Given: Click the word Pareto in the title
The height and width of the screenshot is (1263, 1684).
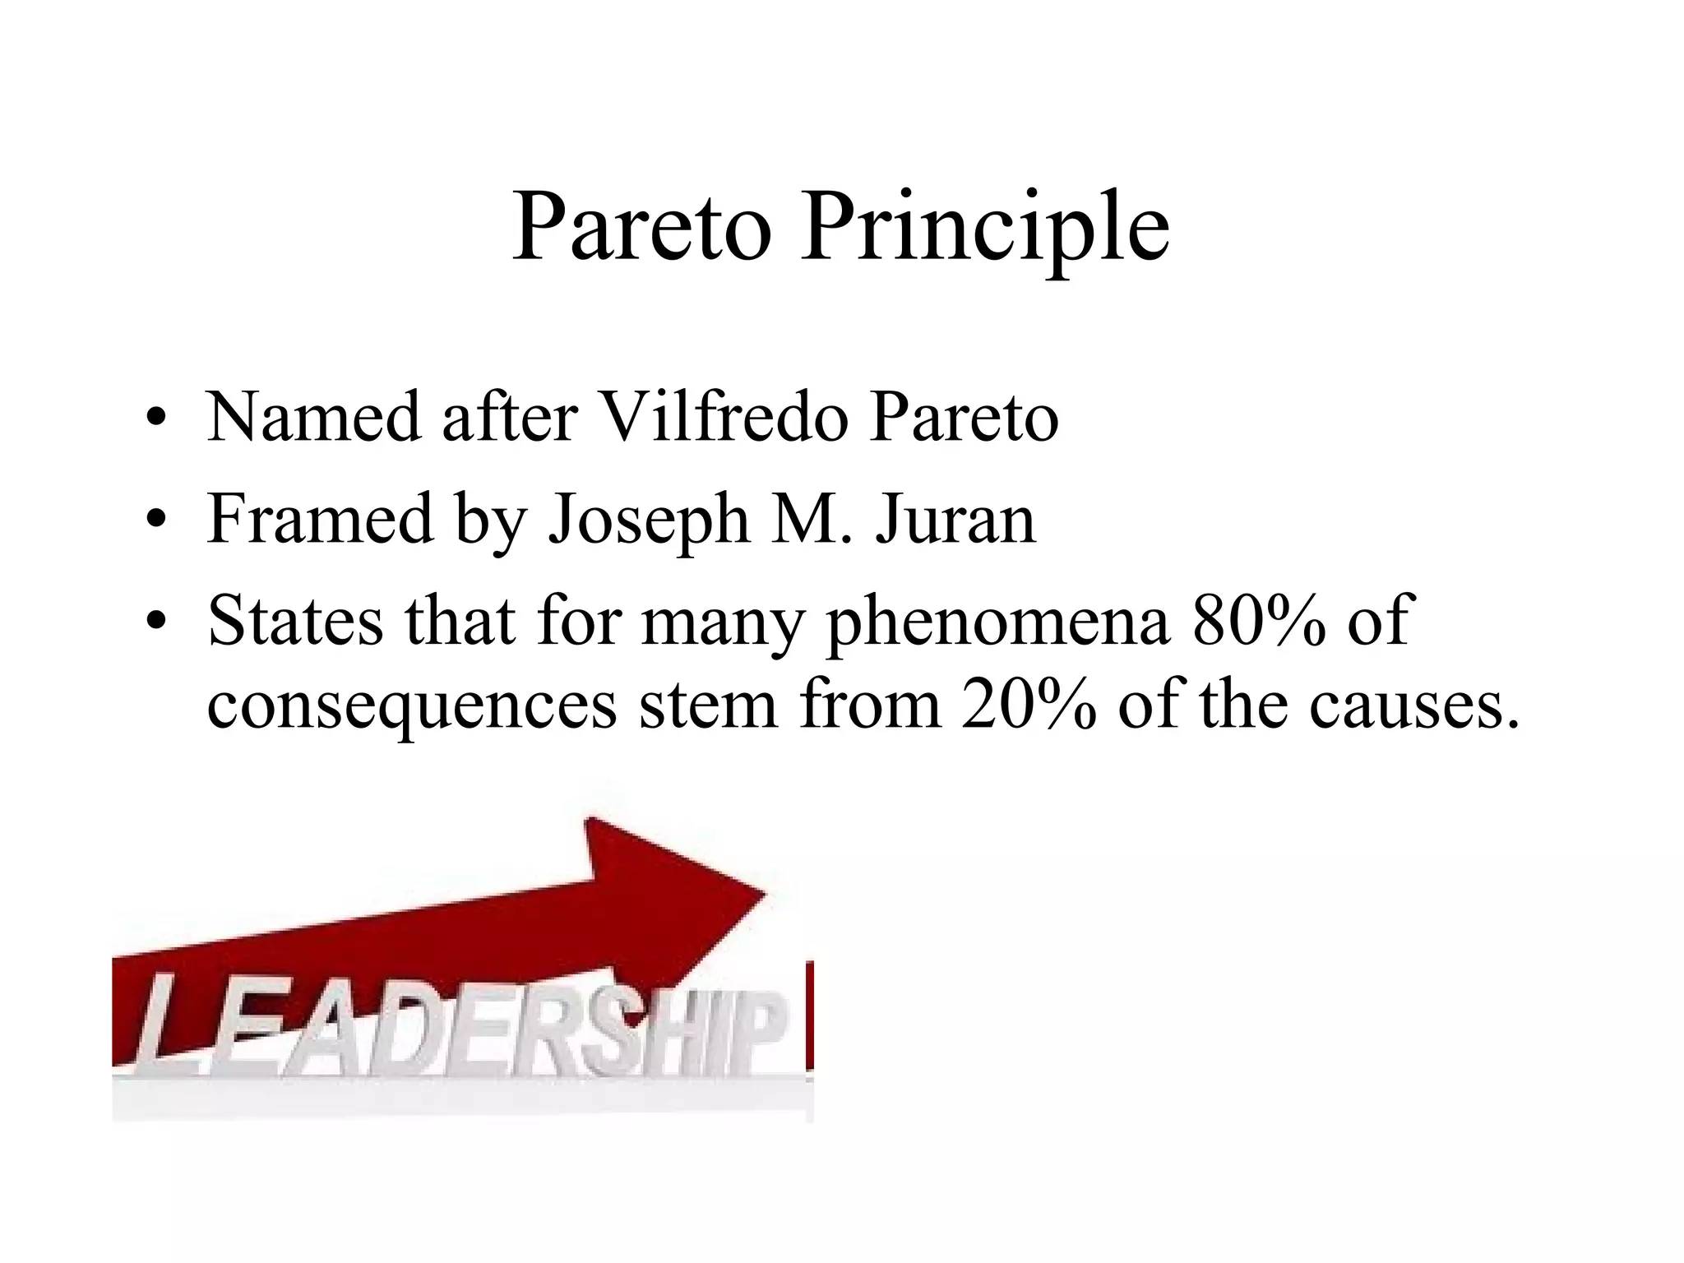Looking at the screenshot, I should [x=641, y=228].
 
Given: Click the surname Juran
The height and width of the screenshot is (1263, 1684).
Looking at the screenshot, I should [x=955, y=519].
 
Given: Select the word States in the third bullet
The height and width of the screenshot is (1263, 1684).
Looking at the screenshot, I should [x=295, y=621].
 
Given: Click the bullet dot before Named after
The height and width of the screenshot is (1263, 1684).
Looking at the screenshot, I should [x=153, y=421].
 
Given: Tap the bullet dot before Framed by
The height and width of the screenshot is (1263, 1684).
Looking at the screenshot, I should [x=153, y=522].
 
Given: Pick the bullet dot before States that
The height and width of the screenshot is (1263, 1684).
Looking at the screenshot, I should [x=153, y=623].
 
